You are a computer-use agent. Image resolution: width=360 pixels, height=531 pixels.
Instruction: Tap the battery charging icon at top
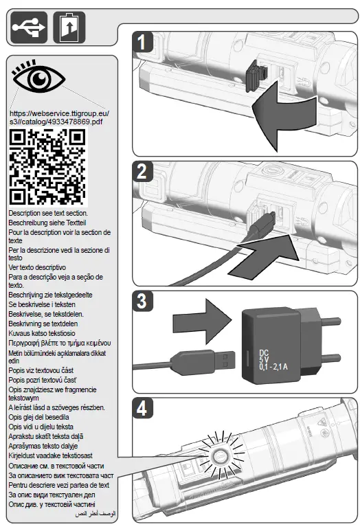69,27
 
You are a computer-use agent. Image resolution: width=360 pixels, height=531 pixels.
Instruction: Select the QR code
47,168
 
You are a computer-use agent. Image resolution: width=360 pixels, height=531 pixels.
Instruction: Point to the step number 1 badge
142,43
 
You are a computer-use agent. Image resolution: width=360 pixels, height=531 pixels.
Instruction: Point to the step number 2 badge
142,172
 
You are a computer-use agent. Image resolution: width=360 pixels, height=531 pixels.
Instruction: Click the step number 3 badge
142,302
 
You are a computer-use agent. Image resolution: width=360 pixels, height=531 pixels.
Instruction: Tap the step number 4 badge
142,409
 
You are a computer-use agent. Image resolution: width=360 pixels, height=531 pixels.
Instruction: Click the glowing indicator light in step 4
220,457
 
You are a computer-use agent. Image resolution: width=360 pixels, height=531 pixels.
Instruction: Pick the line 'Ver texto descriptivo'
37,267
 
